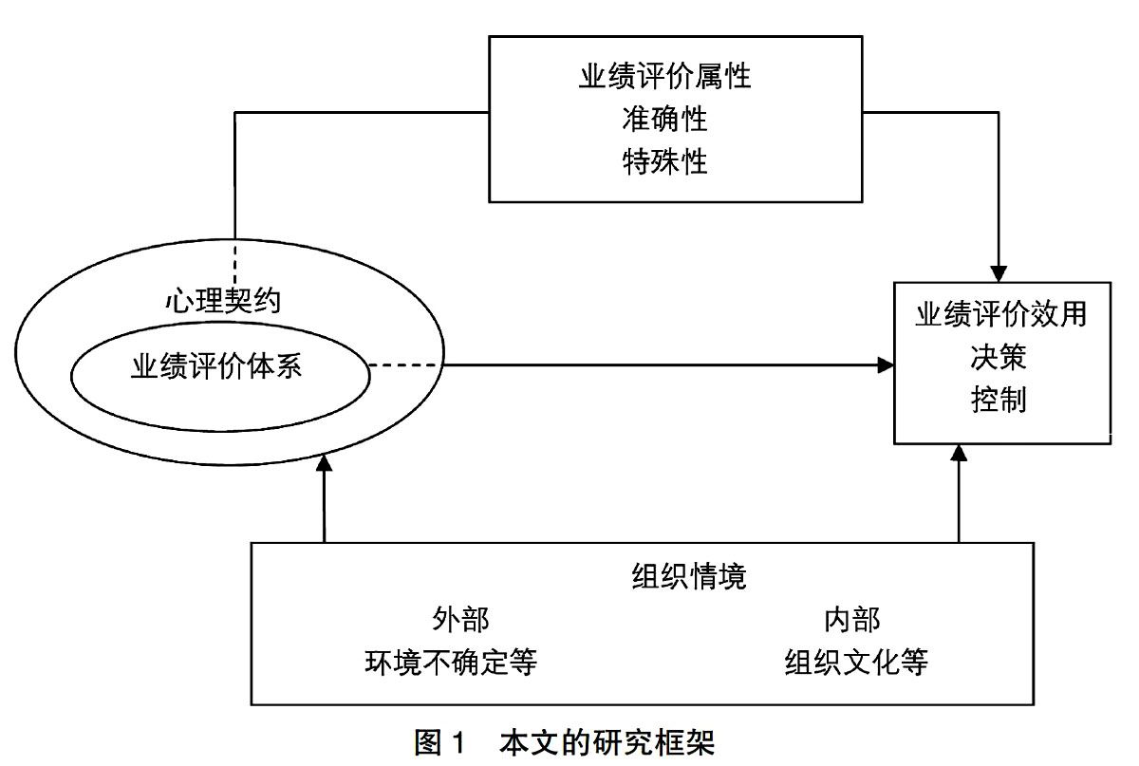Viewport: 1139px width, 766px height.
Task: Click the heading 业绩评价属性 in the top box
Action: [664, 76]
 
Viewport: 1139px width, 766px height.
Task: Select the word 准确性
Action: [664, 119]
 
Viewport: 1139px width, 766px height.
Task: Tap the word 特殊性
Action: [664, 161]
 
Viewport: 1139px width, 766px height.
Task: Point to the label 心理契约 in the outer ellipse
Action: [223, 300]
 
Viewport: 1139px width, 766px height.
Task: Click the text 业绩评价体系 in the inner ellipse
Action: [216, 365]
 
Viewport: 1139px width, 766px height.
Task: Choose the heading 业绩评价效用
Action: [1001, 314]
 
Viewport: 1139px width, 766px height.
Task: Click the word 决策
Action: [999, 357]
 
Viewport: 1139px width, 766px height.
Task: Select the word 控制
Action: [999, 400]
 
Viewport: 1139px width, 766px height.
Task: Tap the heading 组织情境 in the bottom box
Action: [689, 577]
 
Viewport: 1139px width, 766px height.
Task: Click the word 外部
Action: [460, 620]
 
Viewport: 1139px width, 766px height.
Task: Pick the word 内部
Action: [852, 620]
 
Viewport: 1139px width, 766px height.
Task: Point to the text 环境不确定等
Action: [451, 663]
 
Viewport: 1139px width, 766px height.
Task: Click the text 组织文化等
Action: [856, 663]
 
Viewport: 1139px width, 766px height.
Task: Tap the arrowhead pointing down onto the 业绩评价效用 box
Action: [999, 273]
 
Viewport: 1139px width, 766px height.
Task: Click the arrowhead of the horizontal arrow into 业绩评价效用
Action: [886, 365]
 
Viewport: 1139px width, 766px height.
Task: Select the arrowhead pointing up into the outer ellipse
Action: [324, 463]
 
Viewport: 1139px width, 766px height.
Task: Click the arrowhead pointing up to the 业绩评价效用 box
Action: [959, 453]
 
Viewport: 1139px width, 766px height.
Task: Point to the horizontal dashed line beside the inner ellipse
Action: [405, 365]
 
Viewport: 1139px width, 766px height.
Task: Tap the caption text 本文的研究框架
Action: [607, 743]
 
